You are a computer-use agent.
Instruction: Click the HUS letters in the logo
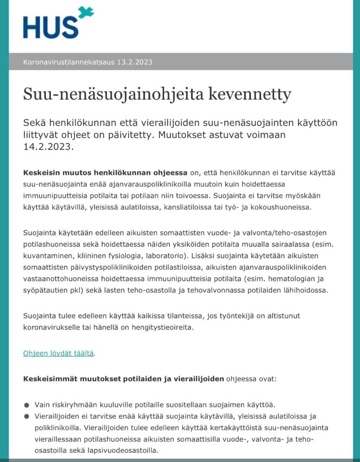pos(50,27)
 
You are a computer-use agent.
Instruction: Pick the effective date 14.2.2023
pos(48,146)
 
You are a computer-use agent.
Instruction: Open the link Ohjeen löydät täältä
pos(59,353)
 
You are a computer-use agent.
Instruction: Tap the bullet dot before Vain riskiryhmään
pos(26,404)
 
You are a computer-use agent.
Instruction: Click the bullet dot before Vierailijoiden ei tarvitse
pos(26,416)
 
